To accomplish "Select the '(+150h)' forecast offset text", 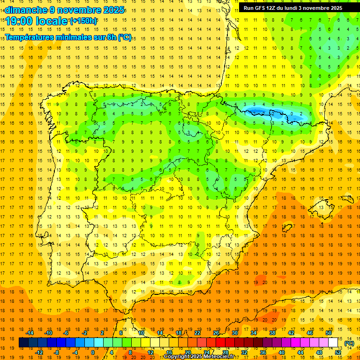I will tap(83, 21).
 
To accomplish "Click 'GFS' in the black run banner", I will tap(261, 8).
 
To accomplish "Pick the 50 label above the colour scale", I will tap(329, 333).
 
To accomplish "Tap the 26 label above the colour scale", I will tap(216, 333).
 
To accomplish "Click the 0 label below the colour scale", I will tap(93, 352).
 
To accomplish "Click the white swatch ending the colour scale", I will tap(333, 343).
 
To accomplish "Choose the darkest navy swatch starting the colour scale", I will tap(23, 343).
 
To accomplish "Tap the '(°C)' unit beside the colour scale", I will tap(349, 343).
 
